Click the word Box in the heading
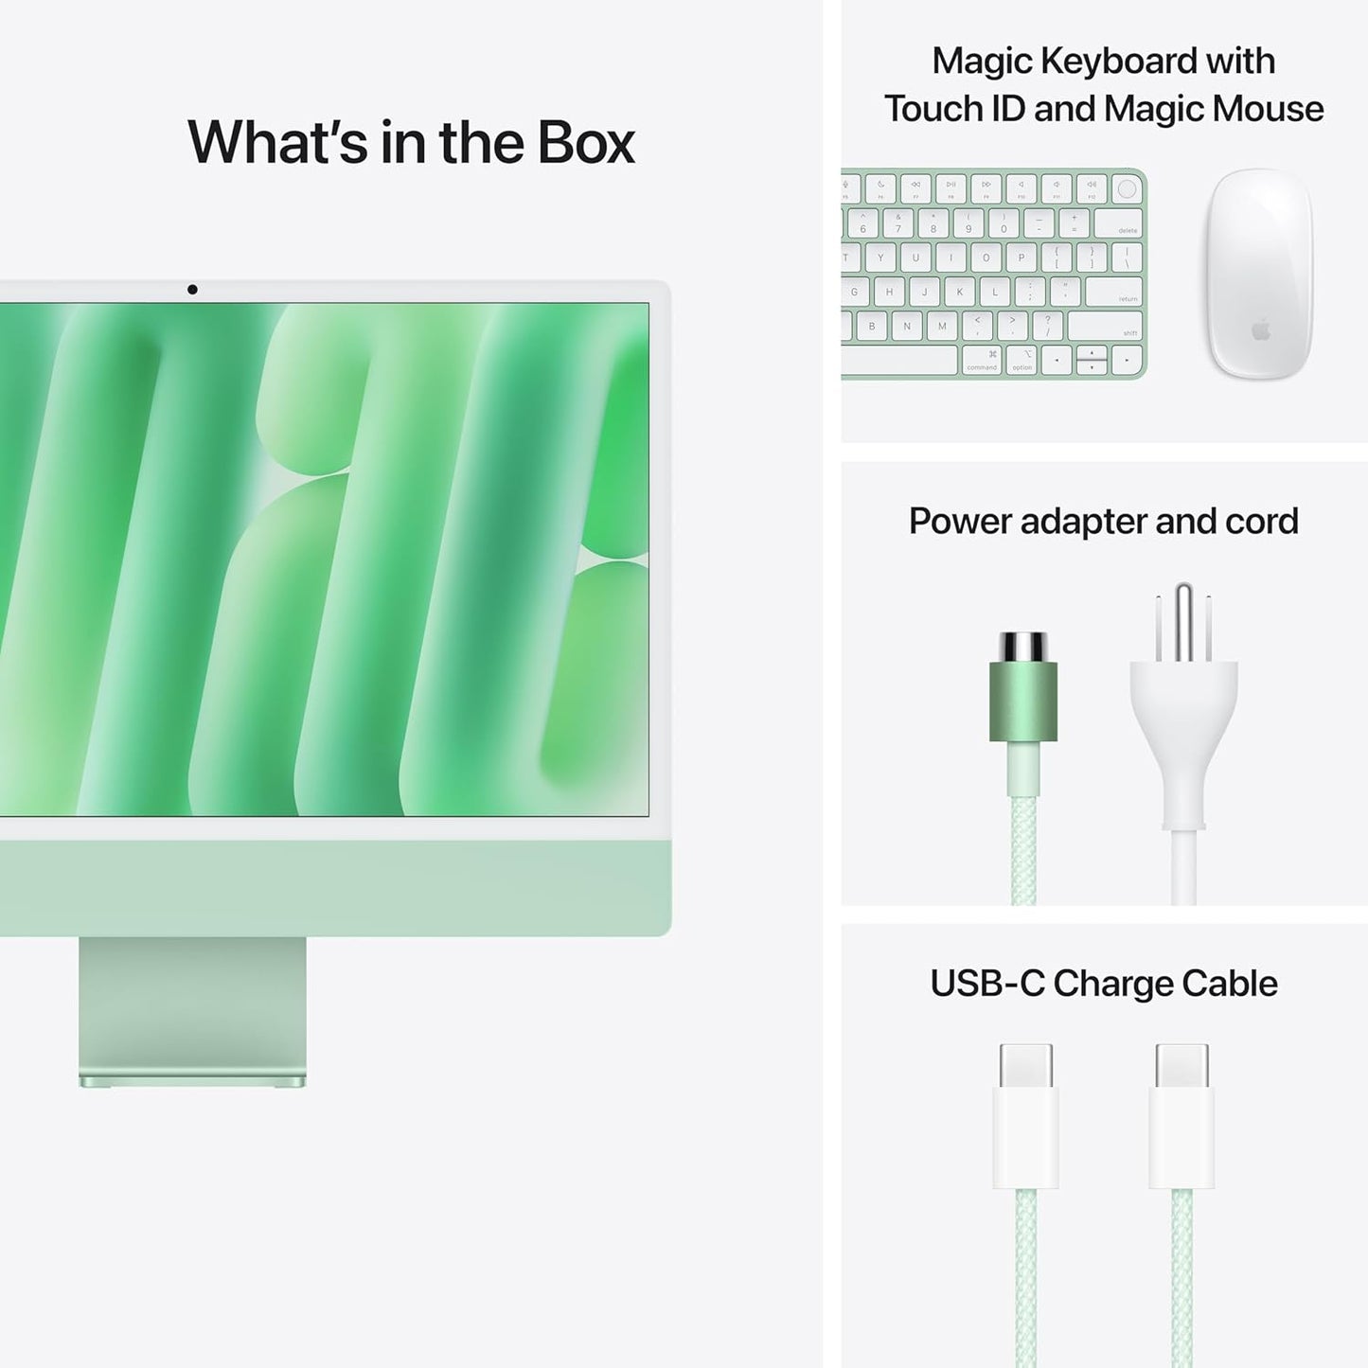[586, 143]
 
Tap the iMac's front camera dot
[192, 290]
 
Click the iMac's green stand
[192, 1009]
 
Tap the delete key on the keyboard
[1118, 223]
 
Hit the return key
[1114, 292]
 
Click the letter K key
[959, 293]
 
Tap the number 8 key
[933, 223]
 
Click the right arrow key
[1126, 360]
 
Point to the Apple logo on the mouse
[1260, 330]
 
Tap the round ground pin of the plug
[1183, 620]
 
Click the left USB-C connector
[1025, 1117]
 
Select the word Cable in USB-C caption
[1230, 984]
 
